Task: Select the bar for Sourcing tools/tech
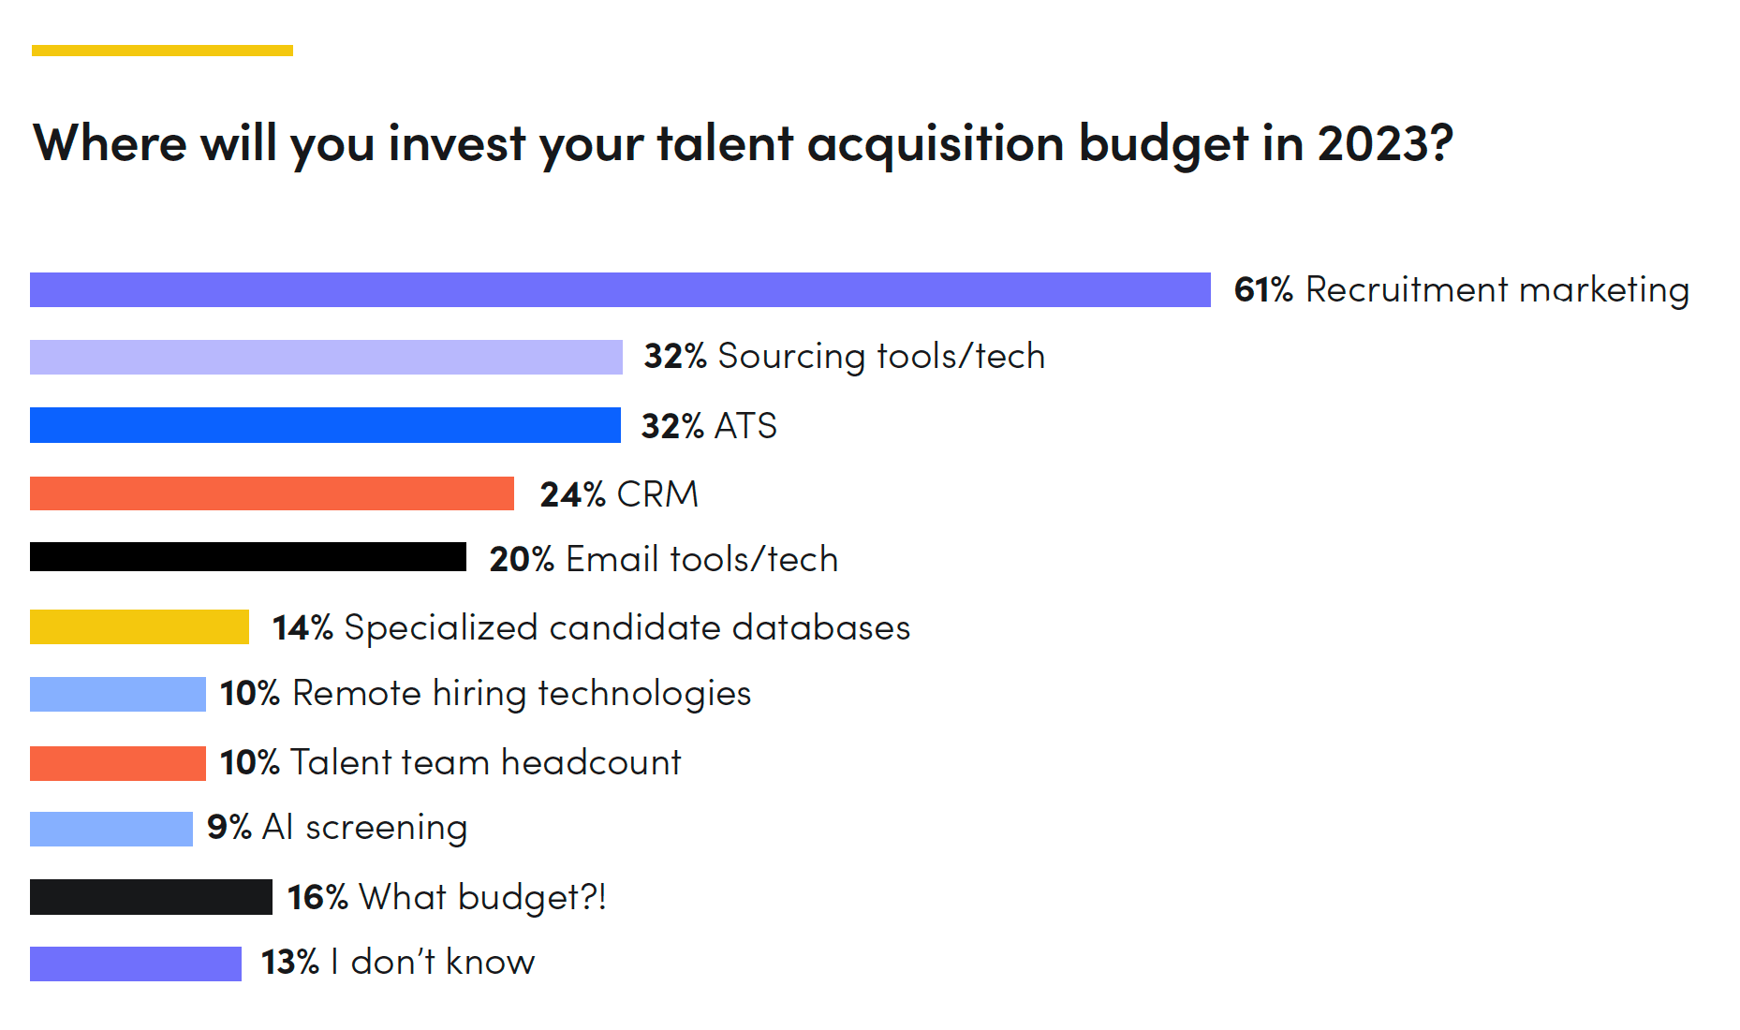point(326,357)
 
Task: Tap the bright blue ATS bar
point(325,424)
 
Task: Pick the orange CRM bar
point(272,493)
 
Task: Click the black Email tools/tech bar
point(248,557)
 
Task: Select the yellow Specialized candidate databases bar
point(140,627)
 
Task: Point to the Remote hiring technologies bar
point(118,694)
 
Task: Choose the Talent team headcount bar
point(118,763)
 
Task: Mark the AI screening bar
point(111,829)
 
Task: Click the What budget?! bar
point(151,897)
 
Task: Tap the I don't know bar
point(136,964)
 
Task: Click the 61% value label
point(1262,289)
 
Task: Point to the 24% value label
point(572,494)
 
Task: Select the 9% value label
point(229,828)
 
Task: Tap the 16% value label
point(317,897)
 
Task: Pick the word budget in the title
point(1162,143)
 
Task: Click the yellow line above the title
point(162,51)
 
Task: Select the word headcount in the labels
point(591,762)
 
